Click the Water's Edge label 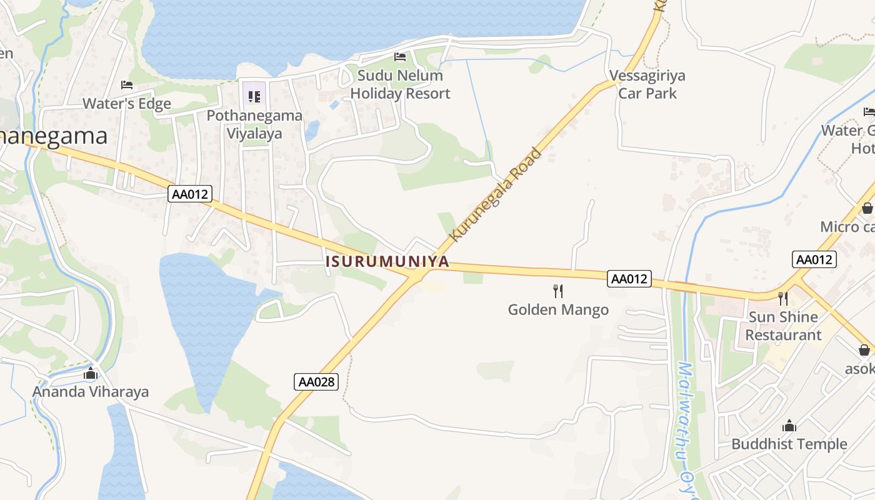[127, 103]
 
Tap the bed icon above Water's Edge [127, 85]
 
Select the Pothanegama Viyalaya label [254, 124]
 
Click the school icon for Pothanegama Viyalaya [254, 96]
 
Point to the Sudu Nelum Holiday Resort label [400, 84]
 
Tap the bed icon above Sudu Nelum [400, 57]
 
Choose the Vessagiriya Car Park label [647, 84]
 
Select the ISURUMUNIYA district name [387, 261]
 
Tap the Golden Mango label [558, 309]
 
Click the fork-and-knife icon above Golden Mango [558, 291]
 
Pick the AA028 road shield [316, 382]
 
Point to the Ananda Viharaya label [91, 392]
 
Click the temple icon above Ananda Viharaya [91, 374]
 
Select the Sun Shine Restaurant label [783, 326]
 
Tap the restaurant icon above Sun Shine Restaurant [782, 299]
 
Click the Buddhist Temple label [789, 444]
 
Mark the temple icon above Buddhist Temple [789, 426]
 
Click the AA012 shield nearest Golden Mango [629, 279]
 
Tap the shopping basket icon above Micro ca [867, 208]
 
